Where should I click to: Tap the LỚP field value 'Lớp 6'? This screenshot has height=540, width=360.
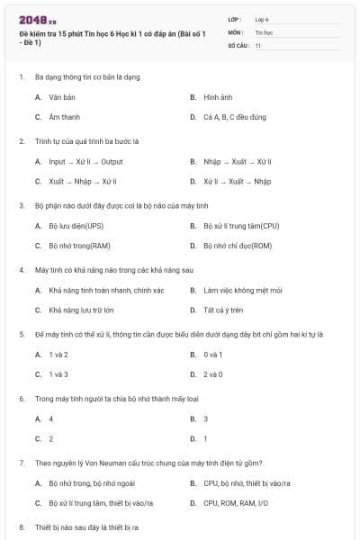pyautogui.click(x=262, y=18)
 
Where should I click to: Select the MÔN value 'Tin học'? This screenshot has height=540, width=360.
pyautogui.click(x=264, y=31)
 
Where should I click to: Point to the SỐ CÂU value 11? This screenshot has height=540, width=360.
pyautogui.click(x=258, y=43)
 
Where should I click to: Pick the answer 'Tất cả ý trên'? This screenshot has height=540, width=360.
pyautogui.click(x=224, y=310)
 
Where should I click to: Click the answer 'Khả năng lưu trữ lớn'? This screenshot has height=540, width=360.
pyautogui.click(x=81, y=310)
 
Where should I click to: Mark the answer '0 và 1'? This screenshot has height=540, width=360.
pyautogui.click(x=213, y=354)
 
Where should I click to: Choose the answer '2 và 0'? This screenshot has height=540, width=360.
pyautogui.click(x=213, y=373)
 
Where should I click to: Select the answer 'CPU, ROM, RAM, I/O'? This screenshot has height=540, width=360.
pyautogui.click(x=236, y=503)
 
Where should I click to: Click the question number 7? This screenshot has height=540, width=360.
pyautogui.click(x=21, y=463)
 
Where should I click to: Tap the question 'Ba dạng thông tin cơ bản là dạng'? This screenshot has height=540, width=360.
pyautogui.click(x=87, y=76)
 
